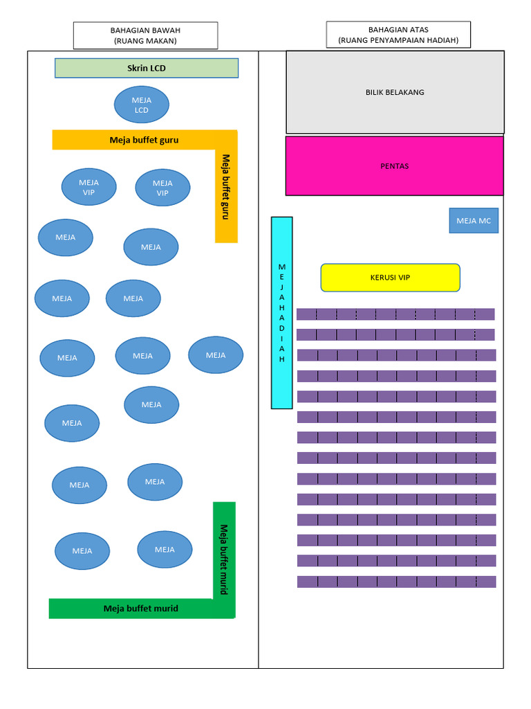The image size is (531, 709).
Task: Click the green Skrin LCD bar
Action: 147,68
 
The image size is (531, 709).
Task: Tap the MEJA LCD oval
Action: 142,105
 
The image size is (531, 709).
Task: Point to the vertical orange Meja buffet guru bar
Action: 226,194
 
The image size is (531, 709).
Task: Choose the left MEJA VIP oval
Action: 88,188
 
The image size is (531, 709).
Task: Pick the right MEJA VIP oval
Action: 162,188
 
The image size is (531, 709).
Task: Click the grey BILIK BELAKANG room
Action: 395,92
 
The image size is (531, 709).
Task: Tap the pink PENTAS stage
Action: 395,166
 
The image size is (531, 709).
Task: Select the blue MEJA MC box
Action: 474,221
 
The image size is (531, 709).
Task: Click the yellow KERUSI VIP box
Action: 390,278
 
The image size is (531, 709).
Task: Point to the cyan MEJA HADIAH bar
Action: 281,313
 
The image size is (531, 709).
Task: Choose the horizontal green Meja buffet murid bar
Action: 131,609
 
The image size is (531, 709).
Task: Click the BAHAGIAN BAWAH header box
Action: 145,35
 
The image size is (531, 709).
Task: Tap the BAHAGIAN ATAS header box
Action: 398,35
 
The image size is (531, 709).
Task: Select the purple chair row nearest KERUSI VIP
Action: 395,314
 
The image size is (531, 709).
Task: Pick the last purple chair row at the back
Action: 396,582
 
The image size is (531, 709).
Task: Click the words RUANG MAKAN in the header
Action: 145,41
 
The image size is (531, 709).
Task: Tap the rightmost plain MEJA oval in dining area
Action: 216,355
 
